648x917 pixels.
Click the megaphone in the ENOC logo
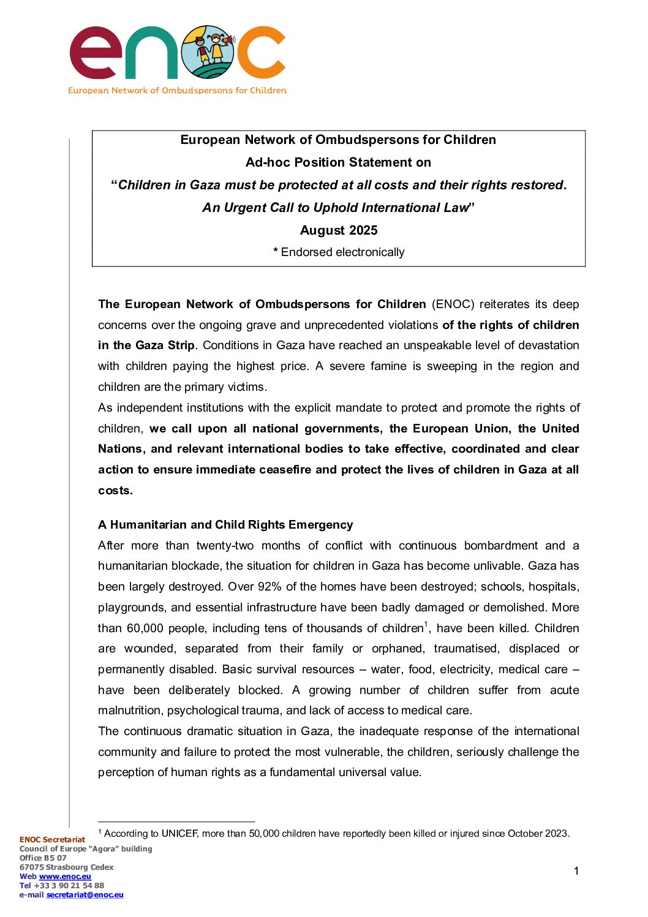[225, 41]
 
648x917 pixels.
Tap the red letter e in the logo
[96, 53]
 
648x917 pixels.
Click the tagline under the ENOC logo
[177, 91]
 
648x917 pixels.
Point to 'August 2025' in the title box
[339, 230]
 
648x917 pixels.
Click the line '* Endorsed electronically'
[339, 252]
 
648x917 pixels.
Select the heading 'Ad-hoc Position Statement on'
[338, 162]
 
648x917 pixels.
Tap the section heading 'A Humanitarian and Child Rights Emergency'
[225, 524]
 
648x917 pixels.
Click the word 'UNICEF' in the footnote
[179, 834]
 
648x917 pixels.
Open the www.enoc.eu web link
[65, 877]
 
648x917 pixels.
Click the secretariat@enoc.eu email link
[85, 895]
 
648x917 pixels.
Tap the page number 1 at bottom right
[576, 871]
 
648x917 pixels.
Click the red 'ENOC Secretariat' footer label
[52, 840]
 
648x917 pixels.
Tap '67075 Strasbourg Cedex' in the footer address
[66, 867]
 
